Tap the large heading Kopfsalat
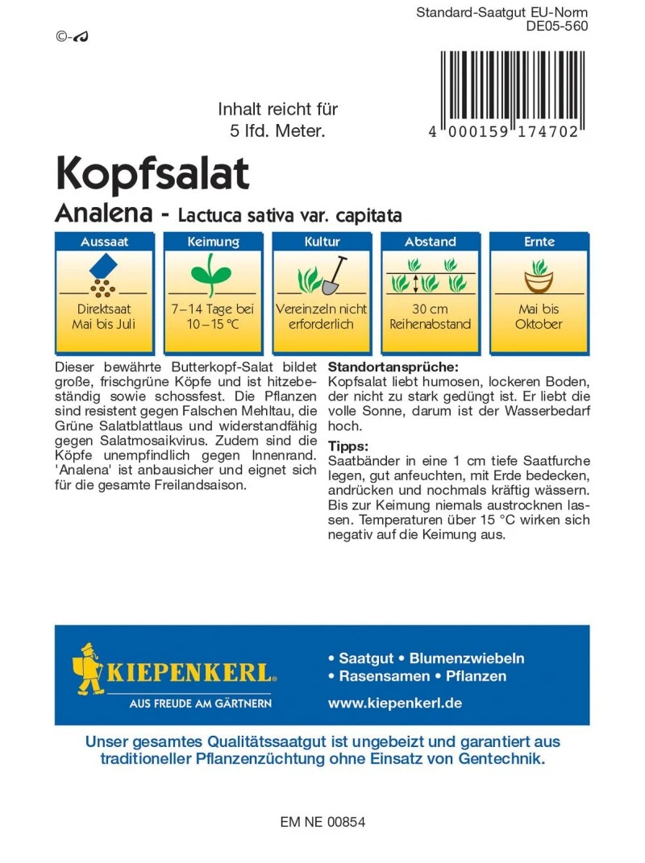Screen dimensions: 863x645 pos(152,172)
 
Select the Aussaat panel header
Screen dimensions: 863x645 pos(104,242)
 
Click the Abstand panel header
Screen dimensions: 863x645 pos(430,242)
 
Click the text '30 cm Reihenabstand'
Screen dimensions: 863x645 pos(430,317)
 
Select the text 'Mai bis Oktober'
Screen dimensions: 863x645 pos(539,317)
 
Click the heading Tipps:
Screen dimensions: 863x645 pos(348,446)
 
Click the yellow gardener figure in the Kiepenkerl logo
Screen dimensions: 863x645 pos(91,669)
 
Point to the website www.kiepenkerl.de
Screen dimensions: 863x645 pos(394,703)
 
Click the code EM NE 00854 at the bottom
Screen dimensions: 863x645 pos(322,823)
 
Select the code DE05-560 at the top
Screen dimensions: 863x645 pos(556,26)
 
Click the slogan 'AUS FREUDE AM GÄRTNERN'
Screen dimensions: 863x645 pos(201,703)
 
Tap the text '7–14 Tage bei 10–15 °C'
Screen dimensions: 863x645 pos(212,317)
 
